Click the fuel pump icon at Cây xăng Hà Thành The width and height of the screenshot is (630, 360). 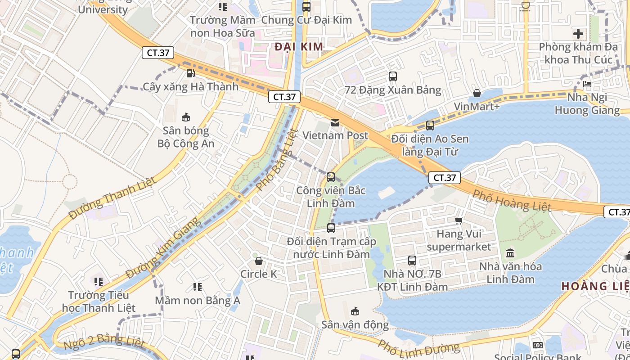pyautogui.click(x=190, y=73)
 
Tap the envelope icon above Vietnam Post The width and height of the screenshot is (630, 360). pyautogui.click(x=335, y=122)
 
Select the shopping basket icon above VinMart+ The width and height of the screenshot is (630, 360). pyautogui.click(x=477, y=94)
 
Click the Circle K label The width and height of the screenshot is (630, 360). pyautogui.click(x=259, y=274)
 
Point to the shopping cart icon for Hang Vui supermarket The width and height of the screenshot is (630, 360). pyautogui.click(x=459, y=220)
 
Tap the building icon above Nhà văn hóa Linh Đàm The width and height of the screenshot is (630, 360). pyautogui.click(x=510, y=253)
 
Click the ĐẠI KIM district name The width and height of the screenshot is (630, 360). pyautogui.click(x=299, y=47)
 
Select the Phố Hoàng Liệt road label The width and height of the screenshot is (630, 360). pyautogui.click(x=512, y=200)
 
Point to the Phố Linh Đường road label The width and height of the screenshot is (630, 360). pyautogui.click(x=418, y=347)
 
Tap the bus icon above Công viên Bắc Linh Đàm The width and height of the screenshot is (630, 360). pyautogui.click(x=331, y=177)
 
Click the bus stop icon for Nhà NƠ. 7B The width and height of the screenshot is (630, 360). pyautogui.click(x=412, y=260)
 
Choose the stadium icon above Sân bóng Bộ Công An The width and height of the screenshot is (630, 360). pyautogui.click(x=185, y=117)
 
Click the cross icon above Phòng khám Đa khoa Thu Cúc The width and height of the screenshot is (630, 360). pyautogui.click(x=578, y=34)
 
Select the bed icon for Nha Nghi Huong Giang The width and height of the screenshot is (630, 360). pyautogui.click(x=587, y=84)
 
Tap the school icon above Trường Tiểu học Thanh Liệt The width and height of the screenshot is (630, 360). pyautogui.click(x=99, y=282)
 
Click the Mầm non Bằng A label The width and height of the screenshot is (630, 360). pyautogui.click(x=198, y=300)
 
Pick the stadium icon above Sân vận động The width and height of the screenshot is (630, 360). pyautogui.click(x=355, y=311)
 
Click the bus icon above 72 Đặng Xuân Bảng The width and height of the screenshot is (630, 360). pyautogui.click(x=393, y=76)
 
